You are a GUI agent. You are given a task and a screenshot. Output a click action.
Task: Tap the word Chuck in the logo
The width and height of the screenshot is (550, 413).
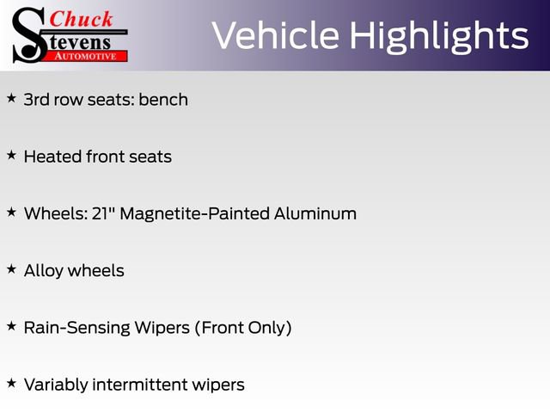pyautogui.click(x=82, y=18)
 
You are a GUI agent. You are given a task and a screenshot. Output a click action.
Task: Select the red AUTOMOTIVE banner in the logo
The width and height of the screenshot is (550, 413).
pyautogui.click(x=86, y=56)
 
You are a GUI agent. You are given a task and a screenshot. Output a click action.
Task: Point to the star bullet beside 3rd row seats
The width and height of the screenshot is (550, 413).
pyautogui.click(x=11, y=99)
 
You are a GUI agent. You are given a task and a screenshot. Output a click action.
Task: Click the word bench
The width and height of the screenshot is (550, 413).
pyautogui.click(x=163, y=100)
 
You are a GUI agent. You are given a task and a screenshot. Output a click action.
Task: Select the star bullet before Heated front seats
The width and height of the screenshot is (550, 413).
pyautogui.click(x=11, y=156)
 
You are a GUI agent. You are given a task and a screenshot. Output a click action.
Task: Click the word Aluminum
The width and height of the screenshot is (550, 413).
pyautogui.click(x=316, y=213)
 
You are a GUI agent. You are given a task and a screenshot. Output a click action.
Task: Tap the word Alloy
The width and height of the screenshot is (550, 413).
pyautogui.click(x=44, y=271)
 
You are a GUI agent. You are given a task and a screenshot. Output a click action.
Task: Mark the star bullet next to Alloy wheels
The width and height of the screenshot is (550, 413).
pyautogui.click(x=11, y=269)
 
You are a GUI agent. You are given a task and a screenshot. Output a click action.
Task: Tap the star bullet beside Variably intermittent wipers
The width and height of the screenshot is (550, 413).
pyautogui.click(x=11, y=383)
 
